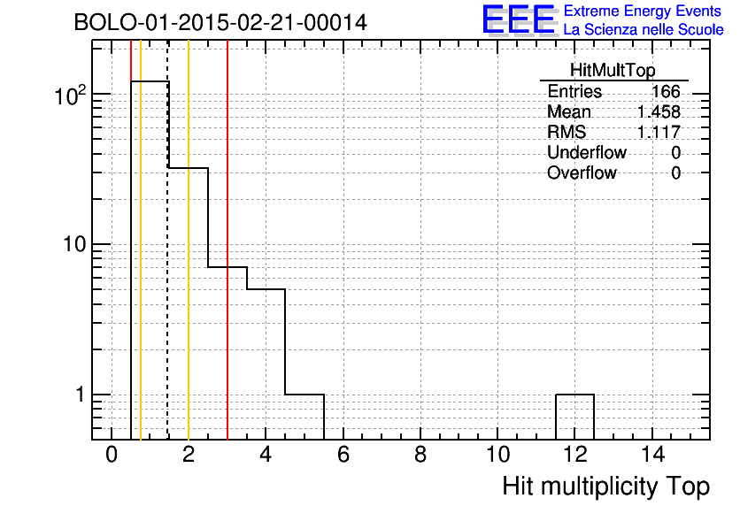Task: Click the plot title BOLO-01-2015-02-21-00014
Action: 220,22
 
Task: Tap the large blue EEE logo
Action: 519,19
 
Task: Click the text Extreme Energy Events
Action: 643,11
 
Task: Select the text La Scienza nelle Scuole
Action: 644,30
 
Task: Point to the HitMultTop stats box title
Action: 613,70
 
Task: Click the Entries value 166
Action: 666,91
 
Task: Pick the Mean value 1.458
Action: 659,111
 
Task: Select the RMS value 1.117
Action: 659,132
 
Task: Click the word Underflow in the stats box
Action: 587,152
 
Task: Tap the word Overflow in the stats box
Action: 582,172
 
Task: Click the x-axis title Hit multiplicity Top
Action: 606,487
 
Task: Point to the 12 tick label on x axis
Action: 574,455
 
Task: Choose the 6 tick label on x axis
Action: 343,455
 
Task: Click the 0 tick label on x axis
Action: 112,455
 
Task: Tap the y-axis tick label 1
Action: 80,395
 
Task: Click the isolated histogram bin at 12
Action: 574,395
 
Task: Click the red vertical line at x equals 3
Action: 227,240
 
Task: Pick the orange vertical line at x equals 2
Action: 189,240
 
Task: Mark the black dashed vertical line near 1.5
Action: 167,240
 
